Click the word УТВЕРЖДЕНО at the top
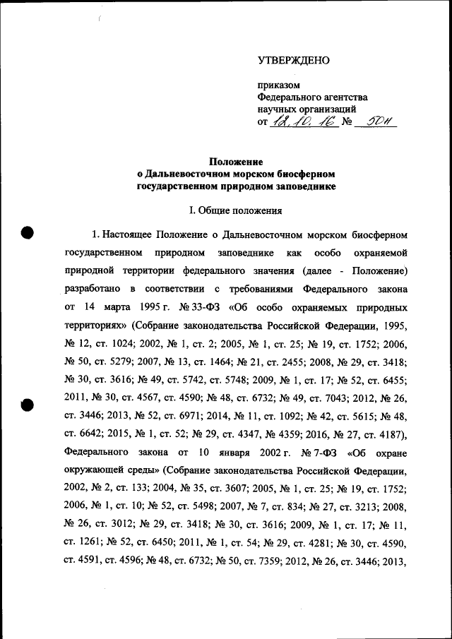pyautogui.click(x=293, y=60)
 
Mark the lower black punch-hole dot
pyautogui.click(x=28, y=405)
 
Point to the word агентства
pyautogui.click(x=341, y=97)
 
